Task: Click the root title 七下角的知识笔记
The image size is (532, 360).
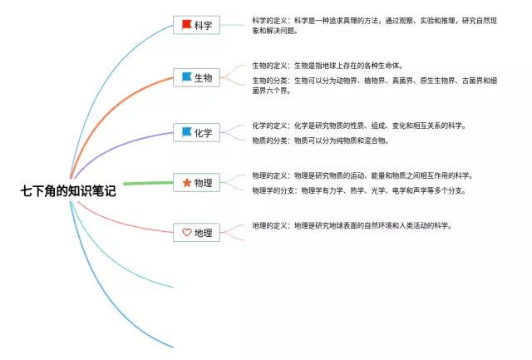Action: (x=68, y=190)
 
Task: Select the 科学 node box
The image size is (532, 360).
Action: (x=197, y=25)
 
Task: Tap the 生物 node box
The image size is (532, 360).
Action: (x=197, y=78)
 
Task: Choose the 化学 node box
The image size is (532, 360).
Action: (x=197, y=132)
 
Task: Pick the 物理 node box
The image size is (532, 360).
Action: (x=197, y=183)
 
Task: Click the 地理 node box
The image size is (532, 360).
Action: (x=197, y=233)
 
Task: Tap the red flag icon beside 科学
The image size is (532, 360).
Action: (x=186, y=25)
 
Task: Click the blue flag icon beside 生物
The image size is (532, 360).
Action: (x=186, y=77)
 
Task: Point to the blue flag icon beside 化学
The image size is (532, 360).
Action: (x=186, y=131)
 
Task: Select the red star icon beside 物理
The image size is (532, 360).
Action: (x=186, y=183)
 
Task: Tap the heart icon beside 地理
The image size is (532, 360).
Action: (x=186, y=233)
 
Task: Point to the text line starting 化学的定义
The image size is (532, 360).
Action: (x=359, y=126)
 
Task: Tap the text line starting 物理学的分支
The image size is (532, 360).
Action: (x=359, y=190)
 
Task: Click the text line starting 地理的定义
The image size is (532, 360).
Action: (x=352, y=225)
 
